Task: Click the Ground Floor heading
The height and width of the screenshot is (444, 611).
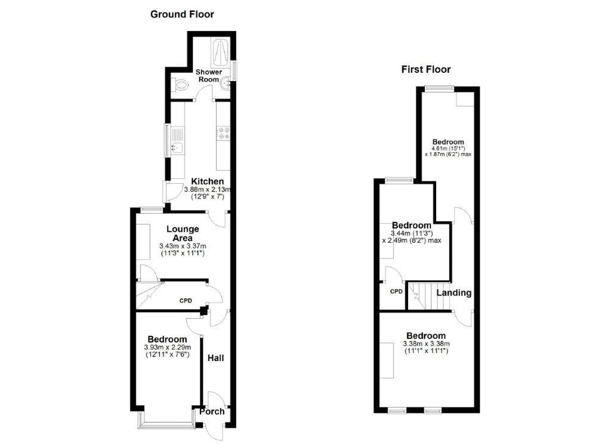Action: (182, 14)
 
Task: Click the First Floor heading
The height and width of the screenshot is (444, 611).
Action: (425, 69)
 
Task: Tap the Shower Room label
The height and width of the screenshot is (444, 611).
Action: (209, 76)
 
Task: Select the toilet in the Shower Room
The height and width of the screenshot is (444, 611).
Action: (181, 86)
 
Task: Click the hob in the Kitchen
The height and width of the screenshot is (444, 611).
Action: (224, 132)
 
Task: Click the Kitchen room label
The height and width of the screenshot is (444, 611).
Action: (207, 181)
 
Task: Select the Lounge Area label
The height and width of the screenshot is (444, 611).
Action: (183, 233)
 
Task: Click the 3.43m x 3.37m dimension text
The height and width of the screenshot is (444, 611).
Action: (183, 246)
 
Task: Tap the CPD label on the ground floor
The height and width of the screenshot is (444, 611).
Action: (186, 300)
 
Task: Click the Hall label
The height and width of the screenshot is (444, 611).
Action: (215, 358)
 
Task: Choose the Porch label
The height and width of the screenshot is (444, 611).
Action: (212, 411)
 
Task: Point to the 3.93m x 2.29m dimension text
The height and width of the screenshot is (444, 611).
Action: (167, 347)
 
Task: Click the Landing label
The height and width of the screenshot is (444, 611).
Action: (454, 293)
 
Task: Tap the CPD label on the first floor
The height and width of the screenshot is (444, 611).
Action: (396, 291)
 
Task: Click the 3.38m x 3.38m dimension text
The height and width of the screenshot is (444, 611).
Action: (426, 344)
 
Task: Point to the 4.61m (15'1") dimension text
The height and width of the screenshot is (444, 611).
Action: (448, 148)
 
